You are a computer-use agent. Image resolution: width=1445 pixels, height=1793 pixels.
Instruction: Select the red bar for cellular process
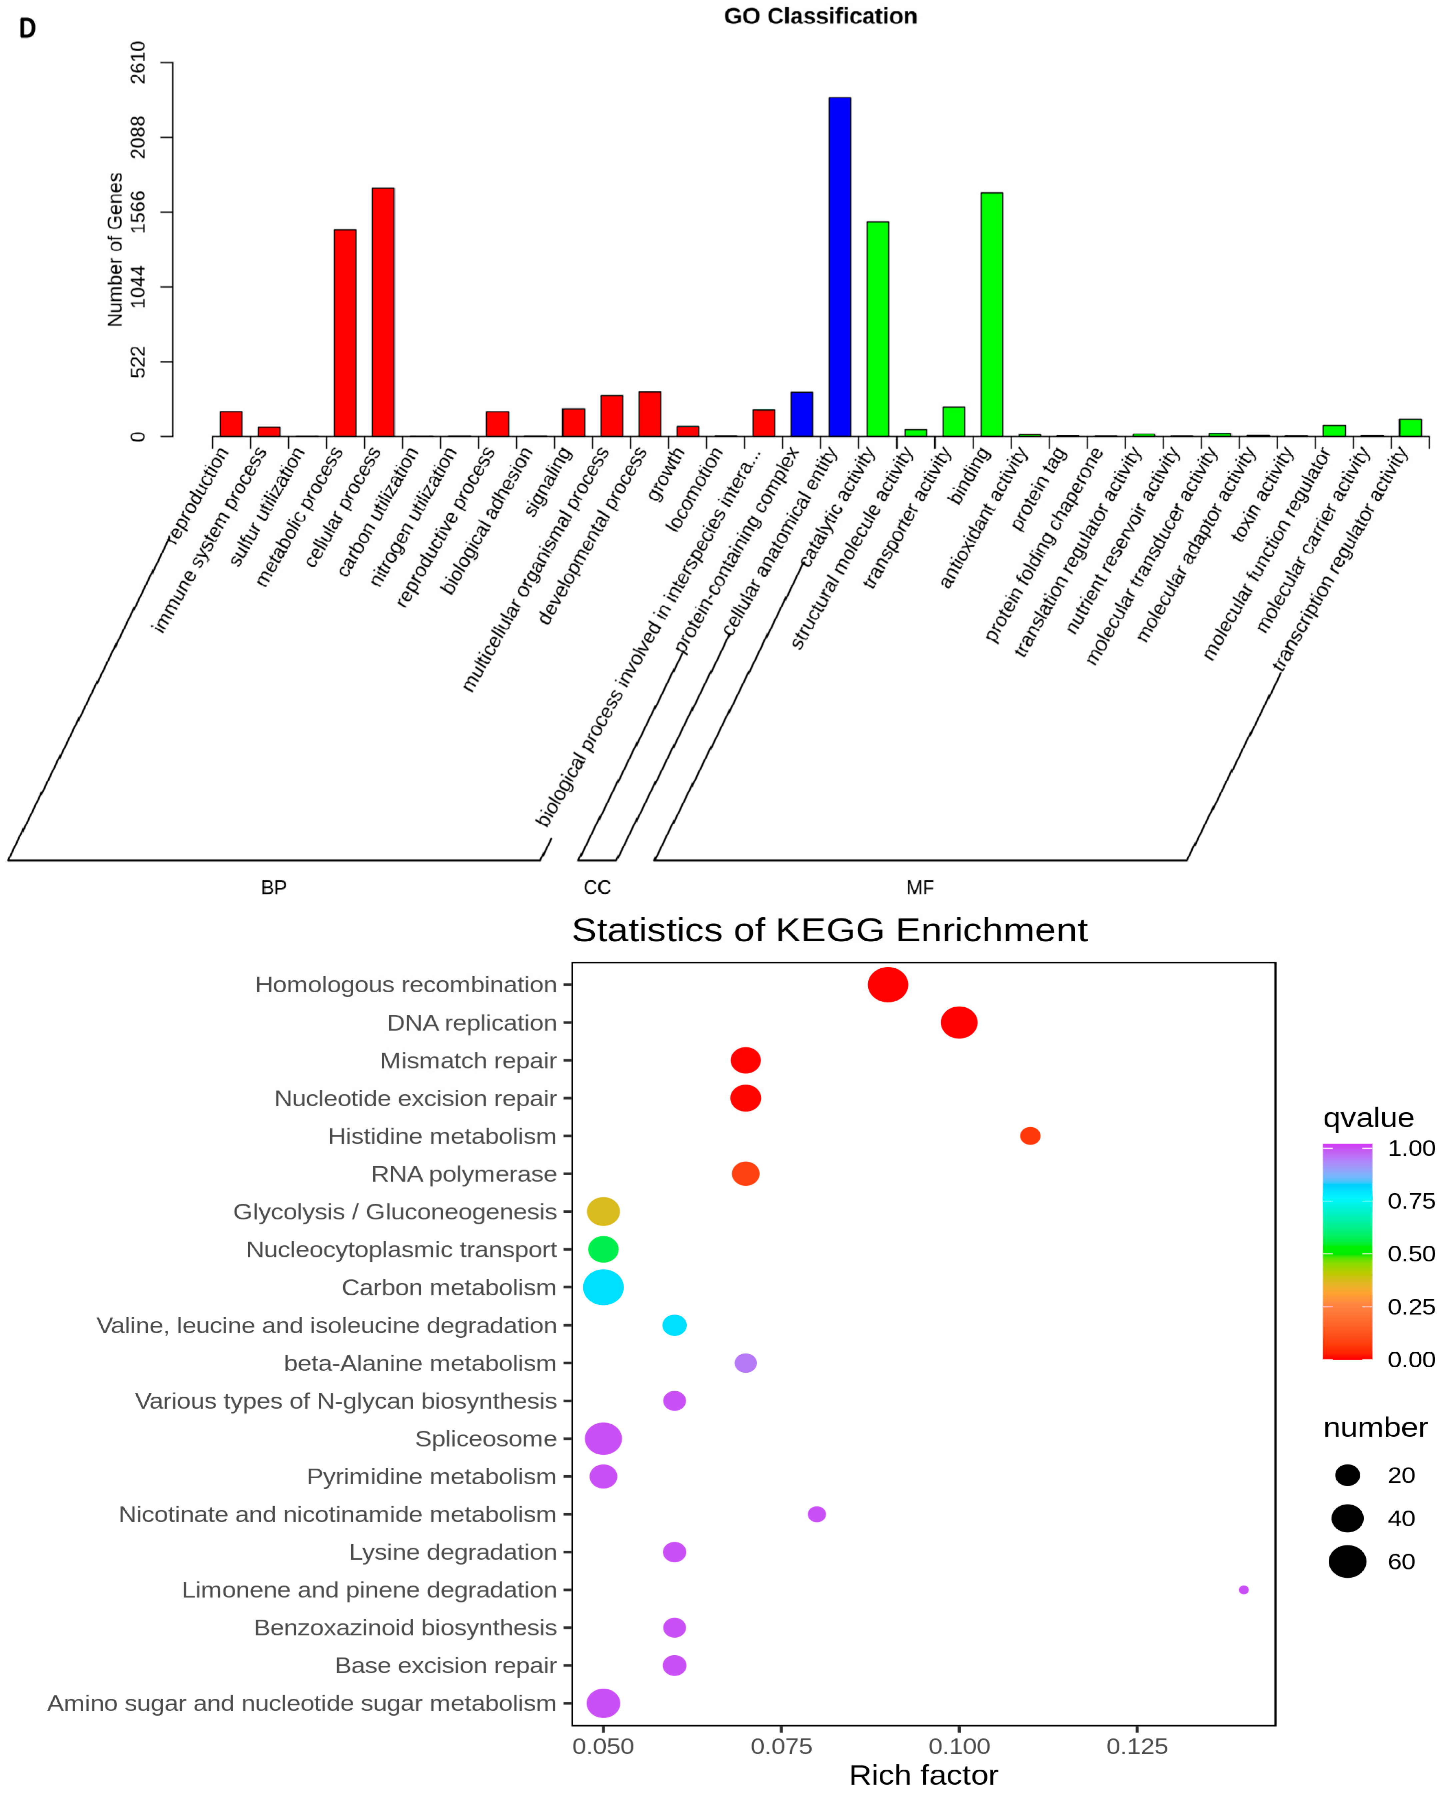(x=383, y=312)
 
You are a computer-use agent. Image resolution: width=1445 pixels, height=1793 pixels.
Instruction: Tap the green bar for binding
(x=991, y=314)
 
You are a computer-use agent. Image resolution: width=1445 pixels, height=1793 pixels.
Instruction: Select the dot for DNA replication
(x=959, y=1023)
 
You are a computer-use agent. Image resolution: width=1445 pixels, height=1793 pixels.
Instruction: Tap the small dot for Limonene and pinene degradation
(x=1244, y=1590)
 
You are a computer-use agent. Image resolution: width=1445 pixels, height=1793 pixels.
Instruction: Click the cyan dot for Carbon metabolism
(x=604, y=1287)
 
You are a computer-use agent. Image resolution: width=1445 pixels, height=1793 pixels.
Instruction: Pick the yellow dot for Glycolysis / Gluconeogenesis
(x=604, y=1211)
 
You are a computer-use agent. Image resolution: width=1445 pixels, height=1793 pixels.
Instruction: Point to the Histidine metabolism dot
(x=1030, y=1136)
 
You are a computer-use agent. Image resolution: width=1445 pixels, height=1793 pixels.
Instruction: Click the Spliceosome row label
(x=486, y=1439)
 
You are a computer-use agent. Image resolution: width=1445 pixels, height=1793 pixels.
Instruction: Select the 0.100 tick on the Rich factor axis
(x=959, y=1746)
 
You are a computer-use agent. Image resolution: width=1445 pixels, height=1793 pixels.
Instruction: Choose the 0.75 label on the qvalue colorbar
(x=1411, y=1200)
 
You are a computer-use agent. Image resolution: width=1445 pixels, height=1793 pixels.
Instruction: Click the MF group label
(x=920, y=888)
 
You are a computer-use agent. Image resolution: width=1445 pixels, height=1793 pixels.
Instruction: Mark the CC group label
(x=597, y=888)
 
